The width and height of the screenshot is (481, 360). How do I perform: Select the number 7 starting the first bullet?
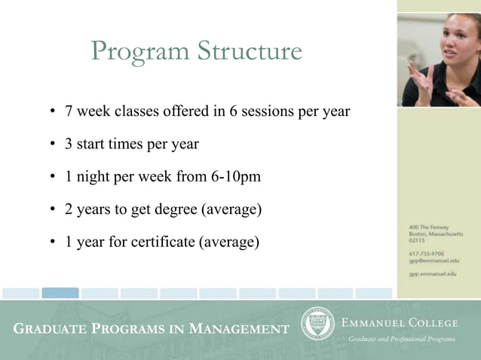(69, 111)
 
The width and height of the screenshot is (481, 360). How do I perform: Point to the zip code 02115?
(417, 240)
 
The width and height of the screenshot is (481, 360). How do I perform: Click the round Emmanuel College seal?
(317, 323)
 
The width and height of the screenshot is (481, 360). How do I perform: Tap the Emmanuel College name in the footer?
(400, 323)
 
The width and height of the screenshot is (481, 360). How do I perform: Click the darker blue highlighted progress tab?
(60, 293)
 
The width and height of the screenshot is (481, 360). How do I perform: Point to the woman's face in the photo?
(436, 37)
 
